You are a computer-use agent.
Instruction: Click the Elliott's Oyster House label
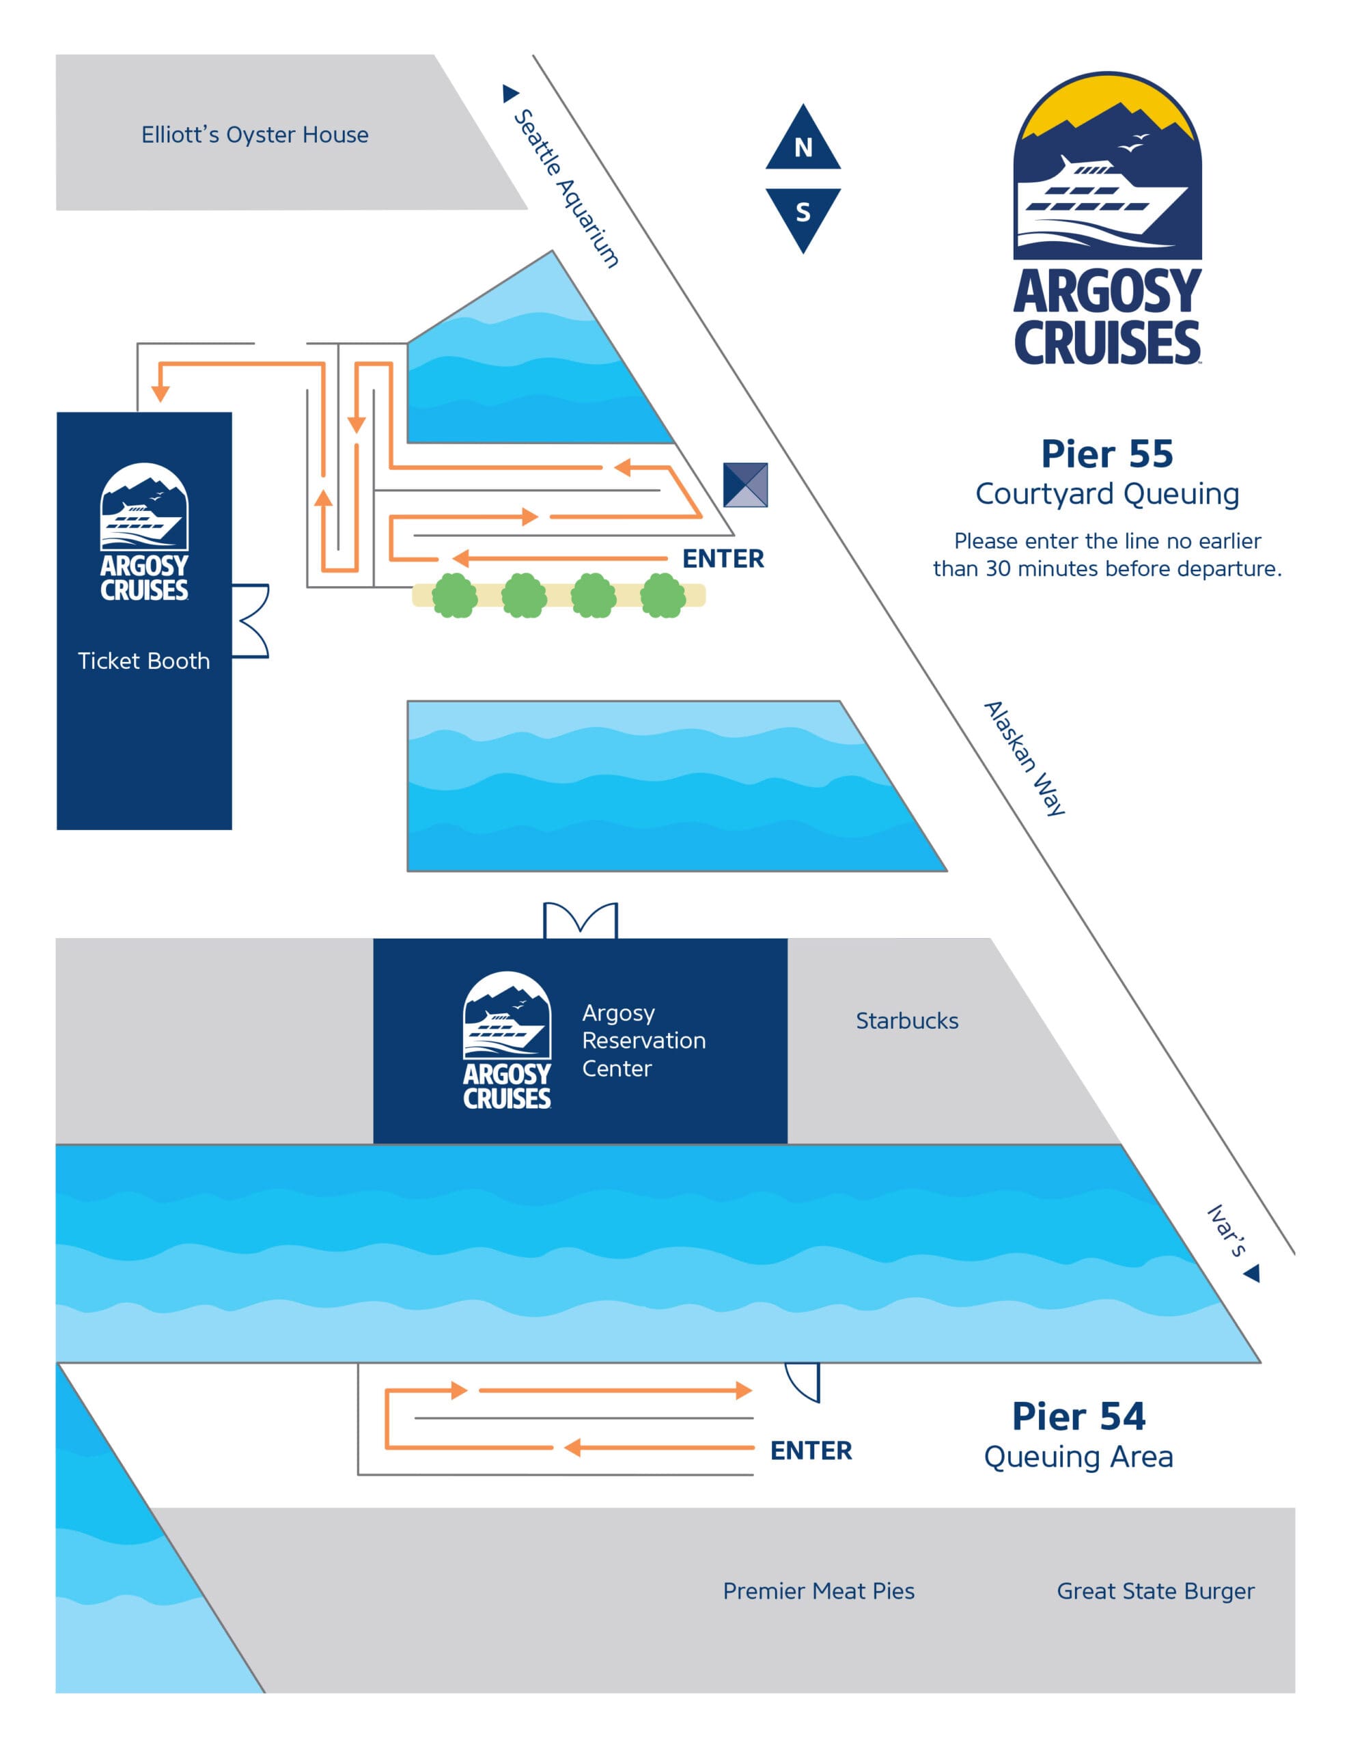pyautogui.click(x=255, y=135)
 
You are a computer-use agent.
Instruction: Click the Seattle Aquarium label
pyautogui.click(x=566, y=187)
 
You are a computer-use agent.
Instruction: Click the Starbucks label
pyautogui.click(x=906, y=1021)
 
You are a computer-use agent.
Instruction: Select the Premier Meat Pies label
pyautogui.click(x=818, y=1590)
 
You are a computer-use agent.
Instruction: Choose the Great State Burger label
pyautogui.click(x=1155, y=1590)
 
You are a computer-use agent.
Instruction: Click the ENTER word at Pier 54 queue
pyautogui.click(x=811, y=1450)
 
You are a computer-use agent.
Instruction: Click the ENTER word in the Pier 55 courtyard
pyautogui.click(x=723, y=558)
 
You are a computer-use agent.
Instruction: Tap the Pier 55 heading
pyautogui.click(x=1106, y=454)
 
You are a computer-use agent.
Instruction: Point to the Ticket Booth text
pyautogui.click(x=144, y=661)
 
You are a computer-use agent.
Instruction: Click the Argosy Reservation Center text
pyautogui.click(x=643, y=1041)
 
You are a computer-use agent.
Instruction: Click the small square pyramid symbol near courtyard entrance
pyautogui.click(x=744, y=484)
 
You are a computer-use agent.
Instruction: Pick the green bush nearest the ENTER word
pyautogui.click(x=663, y=595)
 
